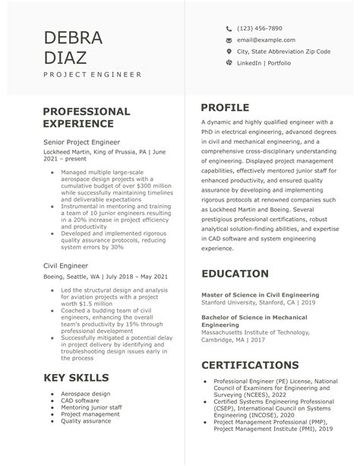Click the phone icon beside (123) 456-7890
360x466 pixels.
[x=229, y=28]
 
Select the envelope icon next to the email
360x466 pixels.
[x=229, y=40]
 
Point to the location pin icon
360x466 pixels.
[x=229, y=51]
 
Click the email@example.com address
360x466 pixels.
[x=266, y=40]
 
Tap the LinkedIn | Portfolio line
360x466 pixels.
[x=264, y=62]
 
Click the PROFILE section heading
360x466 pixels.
[x=225, y=108]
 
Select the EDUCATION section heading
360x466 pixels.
[x=235, y=274]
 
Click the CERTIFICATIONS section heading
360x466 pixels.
[x=250, y=364]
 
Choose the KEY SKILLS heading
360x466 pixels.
[x=76, y=378]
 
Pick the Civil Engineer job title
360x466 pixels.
[x=66, y=265]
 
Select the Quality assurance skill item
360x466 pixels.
[x=87, y=420]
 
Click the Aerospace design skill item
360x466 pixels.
[x=85, y=393]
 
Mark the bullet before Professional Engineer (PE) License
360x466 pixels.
[x=204, y=380]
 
